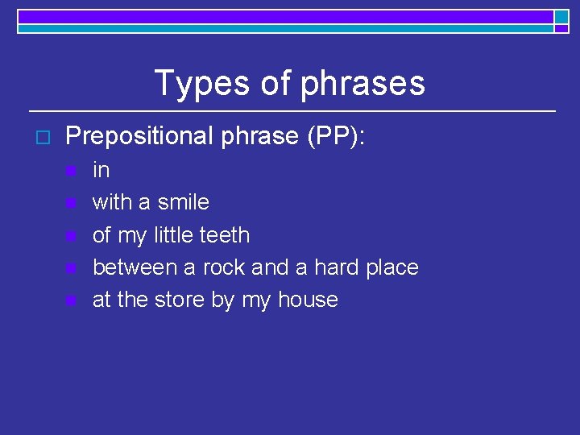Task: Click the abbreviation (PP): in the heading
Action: click(337, 136)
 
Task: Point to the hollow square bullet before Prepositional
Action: click(43, 136)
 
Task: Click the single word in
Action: click(101, 170)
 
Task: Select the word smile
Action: click(184, 202)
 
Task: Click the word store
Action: click(182, 300)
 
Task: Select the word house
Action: click(308, 300)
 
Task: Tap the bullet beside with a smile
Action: click(71, 203)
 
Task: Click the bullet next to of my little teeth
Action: click(71, 236)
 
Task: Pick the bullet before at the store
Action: click(71, 300)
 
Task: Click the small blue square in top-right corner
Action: click(561, 17)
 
